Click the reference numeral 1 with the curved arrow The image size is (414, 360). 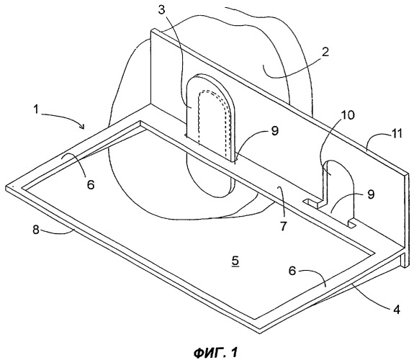coord(36,109)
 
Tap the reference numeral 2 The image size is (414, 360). coord(325,52)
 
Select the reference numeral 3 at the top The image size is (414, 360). coord(161,10)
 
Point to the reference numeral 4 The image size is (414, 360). coord(397,309)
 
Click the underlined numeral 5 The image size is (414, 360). coord(235,261)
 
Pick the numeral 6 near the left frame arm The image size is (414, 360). coord(91,184)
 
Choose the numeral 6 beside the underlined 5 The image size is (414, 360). coord(292,271)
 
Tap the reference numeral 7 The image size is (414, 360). coord(36,229)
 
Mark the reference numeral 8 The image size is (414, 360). coord(275,131)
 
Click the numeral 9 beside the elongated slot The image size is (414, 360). coord(371,194)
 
